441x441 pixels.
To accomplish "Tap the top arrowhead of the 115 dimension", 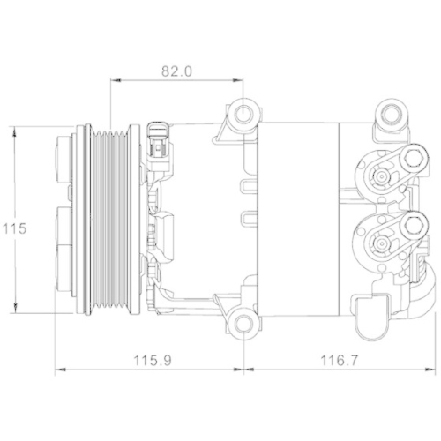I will pyautogui.click(x=17, y=131).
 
